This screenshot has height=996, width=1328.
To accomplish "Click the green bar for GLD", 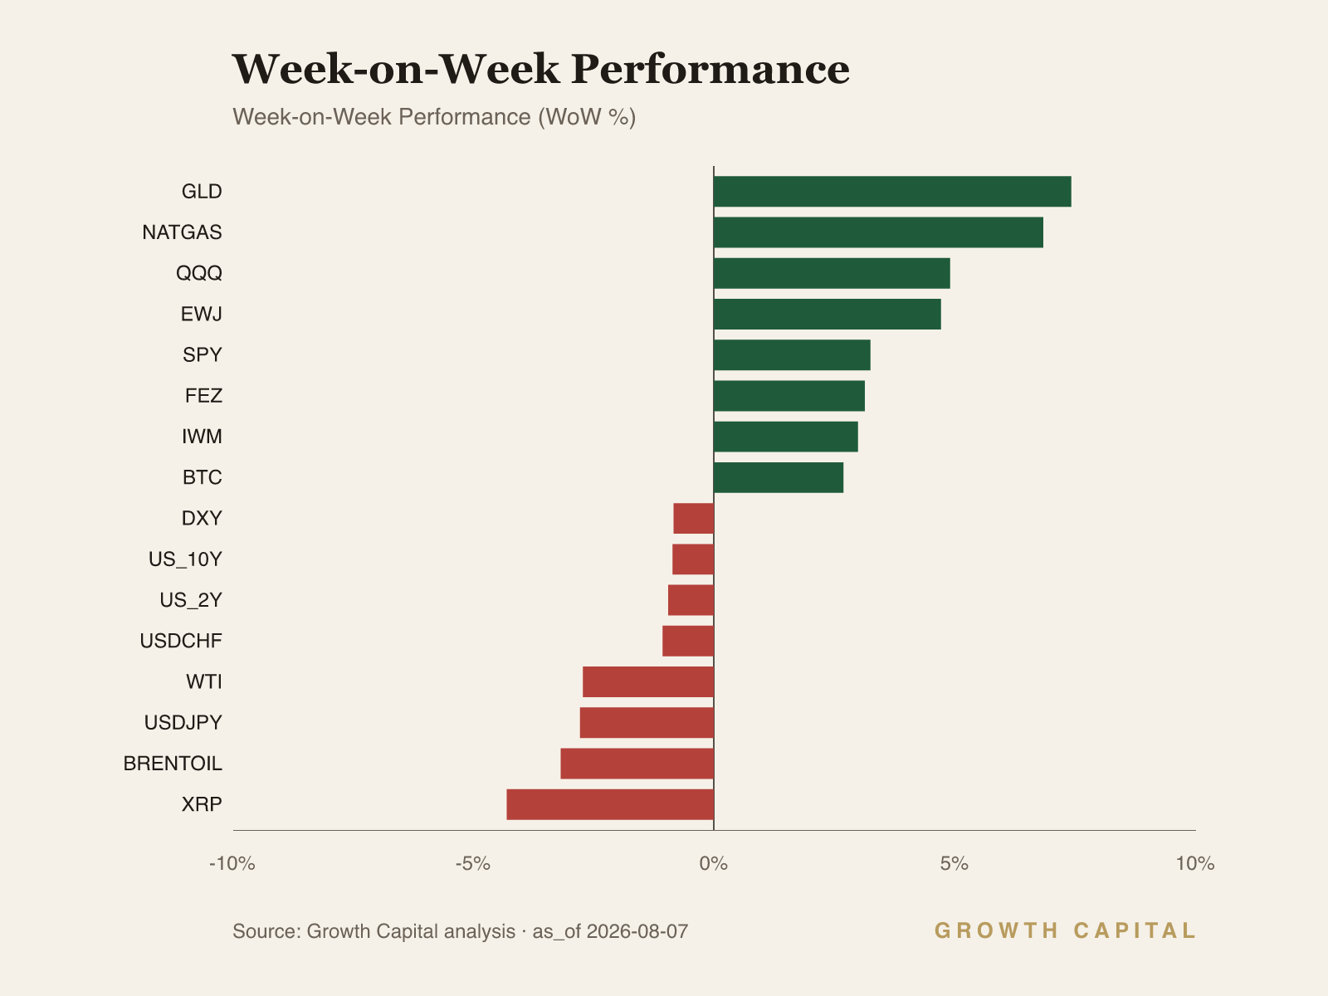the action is [x=892, y=192].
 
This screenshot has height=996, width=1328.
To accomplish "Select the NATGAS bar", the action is [x=878, y=232].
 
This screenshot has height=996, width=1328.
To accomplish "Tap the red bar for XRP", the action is [x=610, y=804].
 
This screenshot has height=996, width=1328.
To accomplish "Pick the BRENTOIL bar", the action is [x=637, y=764].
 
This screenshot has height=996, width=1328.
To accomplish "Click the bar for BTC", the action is [x=779, y=478].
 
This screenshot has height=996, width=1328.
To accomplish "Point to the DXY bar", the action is [x=693, y=518].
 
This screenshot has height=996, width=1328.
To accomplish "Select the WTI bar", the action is [x=648, y=682].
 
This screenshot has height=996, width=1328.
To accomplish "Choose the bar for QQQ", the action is [x=832, y=273].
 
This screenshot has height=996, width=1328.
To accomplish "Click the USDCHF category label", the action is [x=181, y=641].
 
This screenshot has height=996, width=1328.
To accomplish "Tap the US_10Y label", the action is [x=185, y=559].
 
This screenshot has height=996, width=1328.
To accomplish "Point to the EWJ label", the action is [x=202, y=314].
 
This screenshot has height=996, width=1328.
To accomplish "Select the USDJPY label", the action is [x=183, y=723].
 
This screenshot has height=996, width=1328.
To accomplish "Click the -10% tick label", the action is [x=232, y=863].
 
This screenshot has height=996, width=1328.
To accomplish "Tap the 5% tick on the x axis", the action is [x=954, y=863].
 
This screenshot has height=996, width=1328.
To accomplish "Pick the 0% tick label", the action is [x=714, y=863].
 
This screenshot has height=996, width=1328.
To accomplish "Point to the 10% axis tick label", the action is [x=1195, y=863].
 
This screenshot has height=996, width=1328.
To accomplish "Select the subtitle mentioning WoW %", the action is [x=434, y=117].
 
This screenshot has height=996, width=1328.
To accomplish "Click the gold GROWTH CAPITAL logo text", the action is [x=1065, y=930].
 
